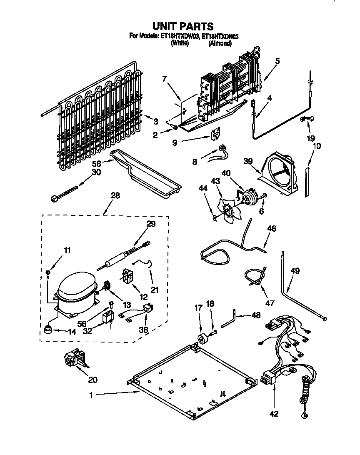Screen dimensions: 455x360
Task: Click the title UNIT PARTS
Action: (x=180, y=27)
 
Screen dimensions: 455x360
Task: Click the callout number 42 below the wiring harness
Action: (x=274, y=414)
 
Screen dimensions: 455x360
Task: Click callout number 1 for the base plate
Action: (x=91, y=395)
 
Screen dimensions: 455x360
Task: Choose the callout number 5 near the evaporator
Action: (x=277, y=61)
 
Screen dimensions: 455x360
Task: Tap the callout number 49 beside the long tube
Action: (x=295, y=271)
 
